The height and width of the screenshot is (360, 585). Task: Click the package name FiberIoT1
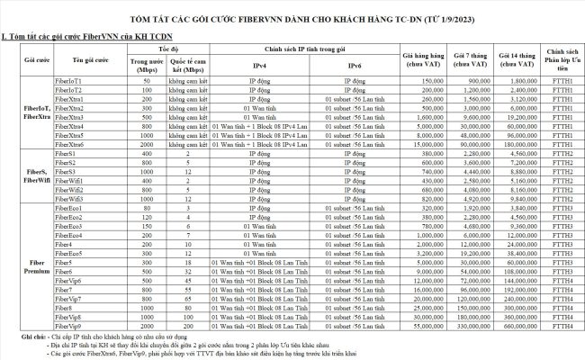[x=69, y=81]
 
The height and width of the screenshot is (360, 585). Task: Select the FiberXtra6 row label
[x=71, y=144]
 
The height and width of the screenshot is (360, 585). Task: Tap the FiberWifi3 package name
[x=71, y=199]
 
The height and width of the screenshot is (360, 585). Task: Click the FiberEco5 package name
[x=70, y=254]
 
